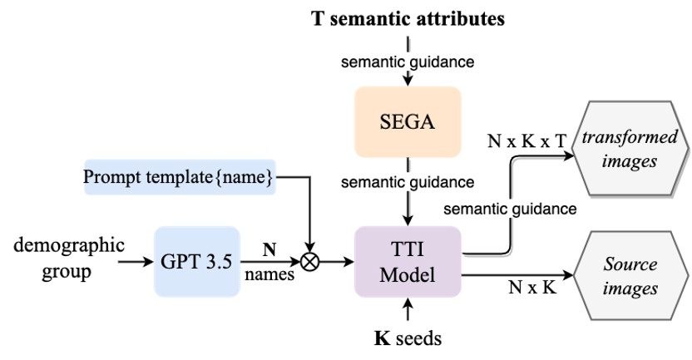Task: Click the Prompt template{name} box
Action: point(179,176)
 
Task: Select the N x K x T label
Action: point(527,142)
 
